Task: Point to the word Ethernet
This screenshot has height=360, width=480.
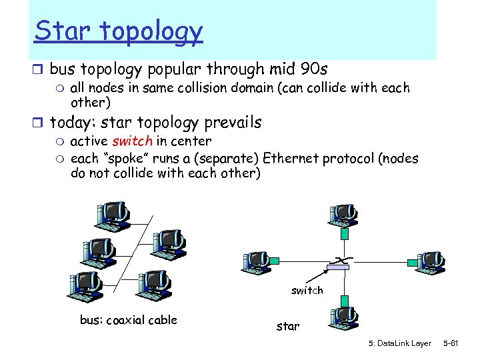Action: [293, 158]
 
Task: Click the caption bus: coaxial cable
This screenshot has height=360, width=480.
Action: [129, 320]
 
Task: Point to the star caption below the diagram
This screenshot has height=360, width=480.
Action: [288, 327]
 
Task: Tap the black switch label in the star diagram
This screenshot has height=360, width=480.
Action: [307, 291]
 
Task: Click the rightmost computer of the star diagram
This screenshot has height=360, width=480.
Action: [431, 262]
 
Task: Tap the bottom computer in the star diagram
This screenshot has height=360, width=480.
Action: [345, 319]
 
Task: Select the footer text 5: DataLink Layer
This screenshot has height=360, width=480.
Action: [400, 343]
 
